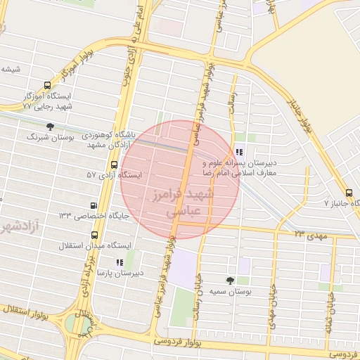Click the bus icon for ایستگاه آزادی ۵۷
click(114, 165)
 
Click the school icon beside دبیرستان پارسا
click(119, 262)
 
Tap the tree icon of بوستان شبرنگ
click(49, 127)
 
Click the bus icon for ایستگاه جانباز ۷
click(349, 193)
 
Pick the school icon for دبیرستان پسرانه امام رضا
click(239, 152)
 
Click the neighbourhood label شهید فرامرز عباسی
click(186, 200)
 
